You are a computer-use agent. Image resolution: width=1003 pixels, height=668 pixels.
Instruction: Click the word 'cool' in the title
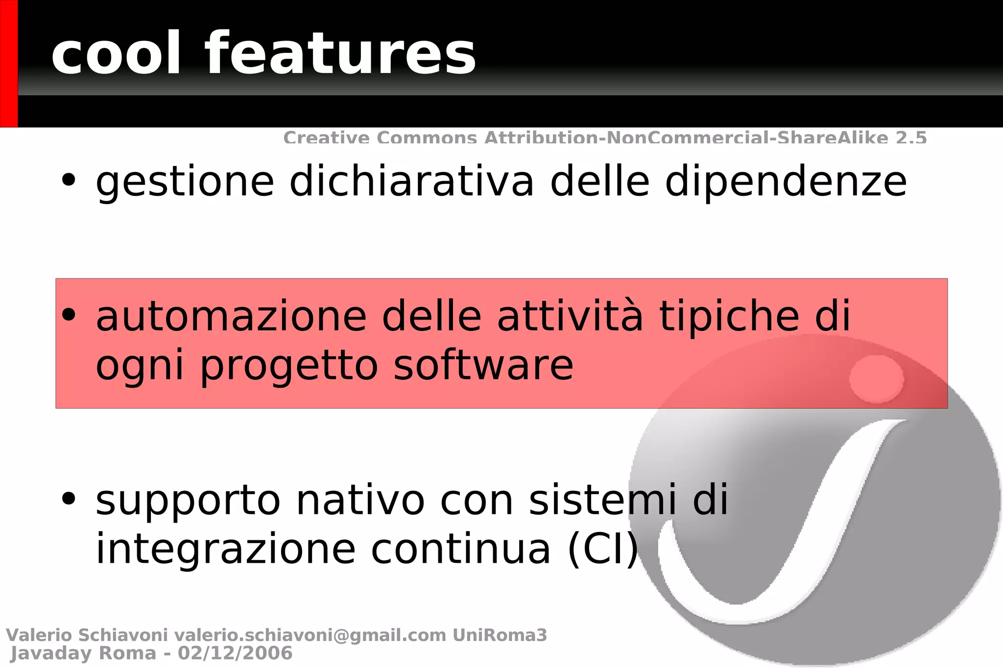tap(116, 54)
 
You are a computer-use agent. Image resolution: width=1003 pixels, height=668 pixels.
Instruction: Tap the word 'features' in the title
tap(340, 54)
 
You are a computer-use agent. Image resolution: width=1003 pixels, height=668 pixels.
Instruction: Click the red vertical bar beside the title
tap(9, 64)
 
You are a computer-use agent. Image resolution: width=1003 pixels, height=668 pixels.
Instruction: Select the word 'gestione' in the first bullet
tap(185, 183)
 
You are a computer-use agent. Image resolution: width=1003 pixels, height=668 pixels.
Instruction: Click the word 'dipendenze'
tap(786, 183)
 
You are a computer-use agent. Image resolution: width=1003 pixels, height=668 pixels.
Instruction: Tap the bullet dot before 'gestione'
tap(69, 180)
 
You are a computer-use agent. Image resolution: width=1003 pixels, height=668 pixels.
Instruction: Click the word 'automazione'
tap(231, 317)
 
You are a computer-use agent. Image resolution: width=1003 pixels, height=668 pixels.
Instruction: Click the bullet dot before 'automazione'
tap(69, 315)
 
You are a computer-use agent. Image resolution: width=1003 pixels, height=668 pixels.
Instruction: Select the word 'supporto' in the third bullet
tap(188, 501)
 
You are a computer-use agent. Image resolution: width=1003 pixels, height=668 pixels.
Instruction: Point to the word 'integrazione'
tap(225, 549)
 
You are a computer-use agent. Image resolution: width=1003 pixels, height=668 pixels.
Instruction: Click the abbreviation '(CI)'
tap(603, 549)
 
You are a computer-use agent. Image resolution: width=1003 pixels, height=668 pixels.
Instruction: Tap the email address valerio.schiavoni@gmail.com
tap(310, 635)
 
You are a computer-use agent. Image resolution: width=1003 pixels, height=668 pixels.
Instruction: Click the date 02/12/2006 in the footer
tap(235, 653)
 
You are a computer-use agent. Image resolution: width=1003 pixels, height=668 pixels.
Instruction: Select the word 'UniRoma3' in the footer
tap(500, 635)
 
